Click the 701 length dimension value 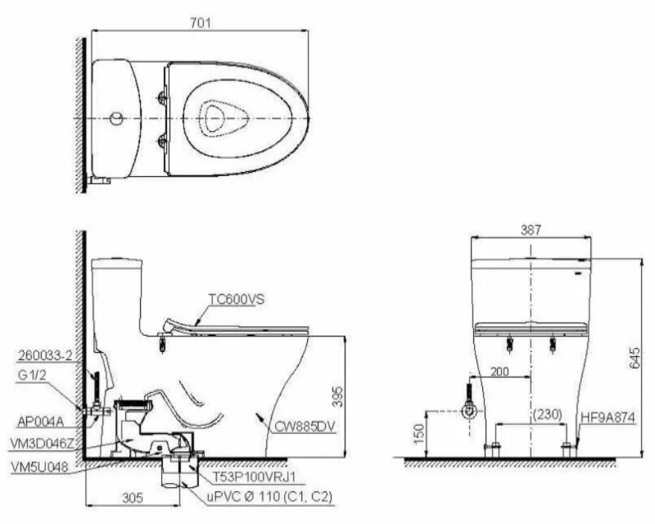201,23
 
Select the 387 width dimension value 531,231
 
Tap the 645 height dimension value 635,357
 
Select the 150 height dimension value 419,431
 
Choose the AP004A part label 38,422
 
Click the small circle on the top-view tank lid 117,120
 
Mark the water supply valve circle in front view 469,409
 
